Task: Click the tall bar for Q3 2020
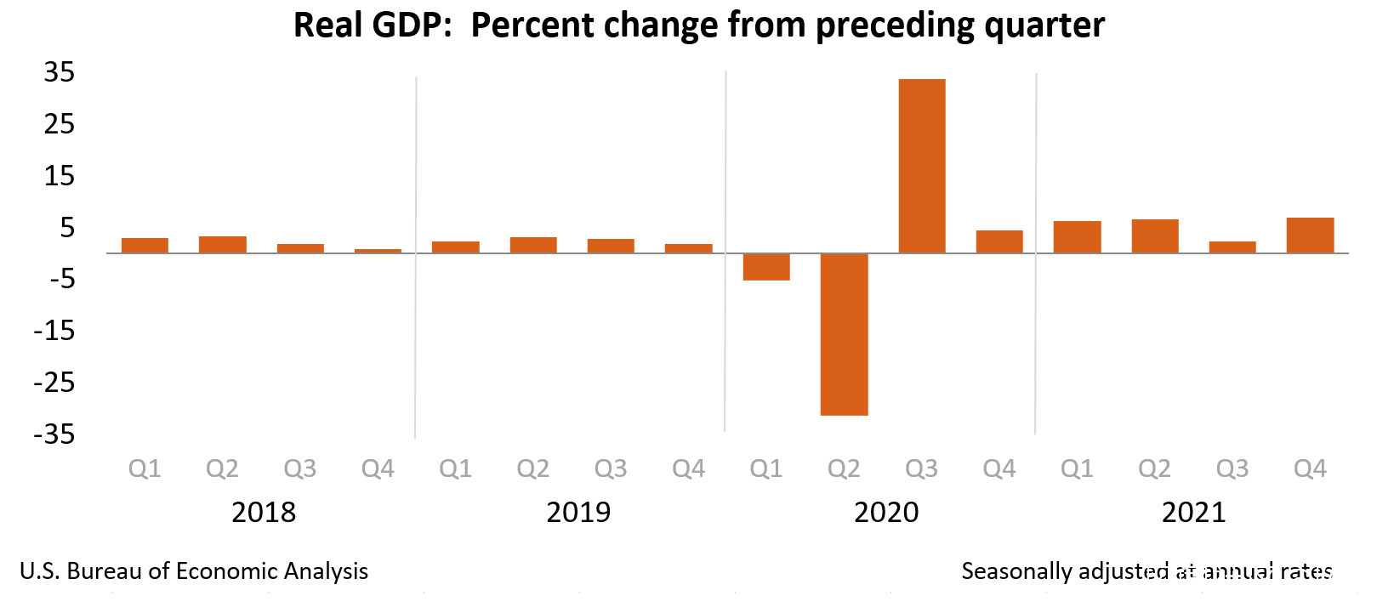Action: pos(922,166)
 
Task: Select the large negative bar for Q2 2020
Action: pos(844,334)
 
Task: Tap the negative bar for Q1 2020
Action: pos(766,267)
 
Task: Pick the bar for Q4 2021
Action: pos(1310,236)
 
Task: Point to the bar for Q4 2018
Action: pos(378,251)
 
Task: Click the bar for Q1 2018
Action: pos(145,246)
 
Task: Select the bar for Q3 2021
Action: pos(1232,247)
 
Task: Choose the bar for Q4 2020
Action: pos(999,241)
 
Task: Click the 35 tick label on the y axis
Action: pos(60,72)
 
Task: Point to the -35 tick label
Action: pos(54,434)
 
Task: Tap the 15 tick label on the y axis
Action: pos(60,176)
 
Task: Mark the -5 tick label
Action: pos(61,279)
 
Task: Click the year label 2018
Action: pos(264,512)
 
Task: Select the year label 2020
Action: pos(886,512)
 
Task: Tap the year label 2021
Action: pos(1193,512)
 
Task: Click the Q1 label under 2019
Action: pos(455,468)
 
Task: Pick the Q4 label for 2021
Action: pos(1310,468)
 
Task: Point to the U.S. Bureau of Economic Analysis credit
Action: pos(194,571)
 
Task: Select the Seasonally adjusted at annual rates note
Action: pos(1146,571)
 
